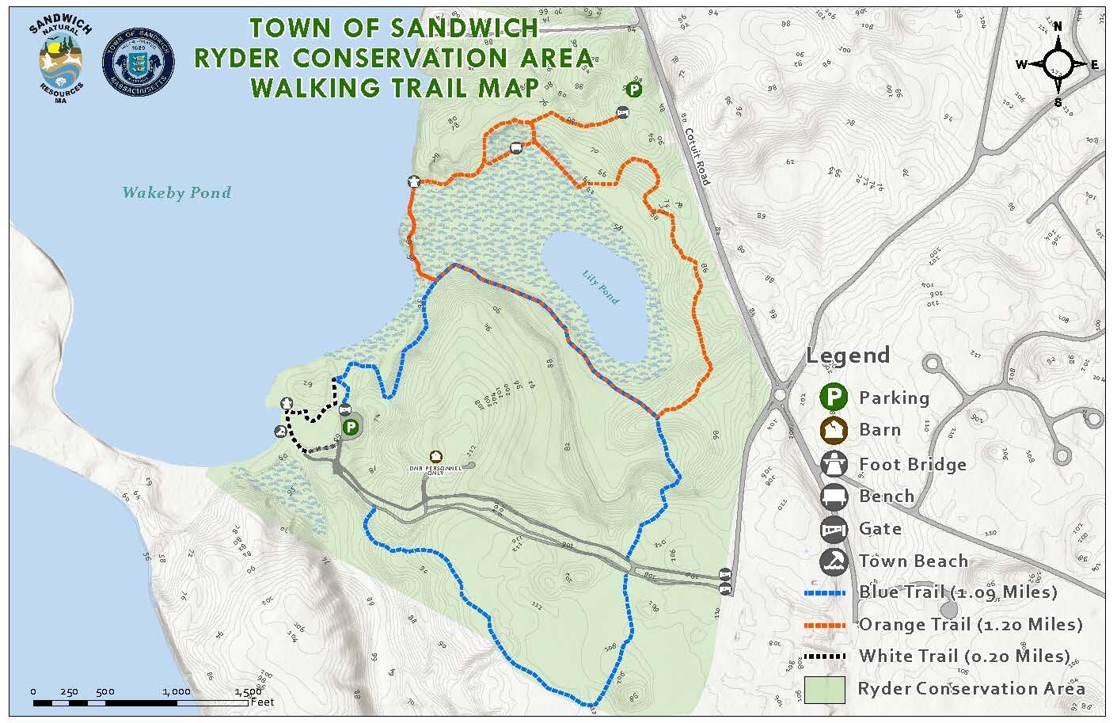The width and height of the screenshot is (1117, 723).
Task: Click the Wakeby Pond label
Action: [x=177, y=192]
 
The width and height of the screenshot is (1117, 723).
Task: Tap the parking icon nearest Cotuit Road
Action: [x=634, y=89]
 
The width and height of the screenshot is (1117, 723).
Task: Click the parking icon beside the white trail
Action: [x=351, y=428]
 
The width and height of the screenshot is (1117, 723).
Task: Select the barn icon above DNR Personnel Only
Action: [x=435, y=456]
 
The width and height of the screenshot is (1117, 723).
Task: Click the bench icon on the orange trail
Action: [x=516, y=147]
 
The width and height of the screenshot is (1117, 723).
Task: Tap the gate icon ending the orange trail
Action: [x=623, y=114]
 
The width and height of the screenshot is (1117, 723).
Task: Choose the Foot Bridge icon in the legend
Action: [x=833, y=463]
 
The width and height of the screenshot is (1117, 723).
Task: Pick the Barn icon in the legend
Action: [x=833, y=430]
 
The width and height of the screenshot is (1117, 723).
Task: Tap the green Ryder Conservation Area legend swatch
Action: [x=825, y=688]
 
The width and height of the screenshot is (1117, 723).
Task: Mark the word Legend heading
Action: [x=848, y=356]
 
